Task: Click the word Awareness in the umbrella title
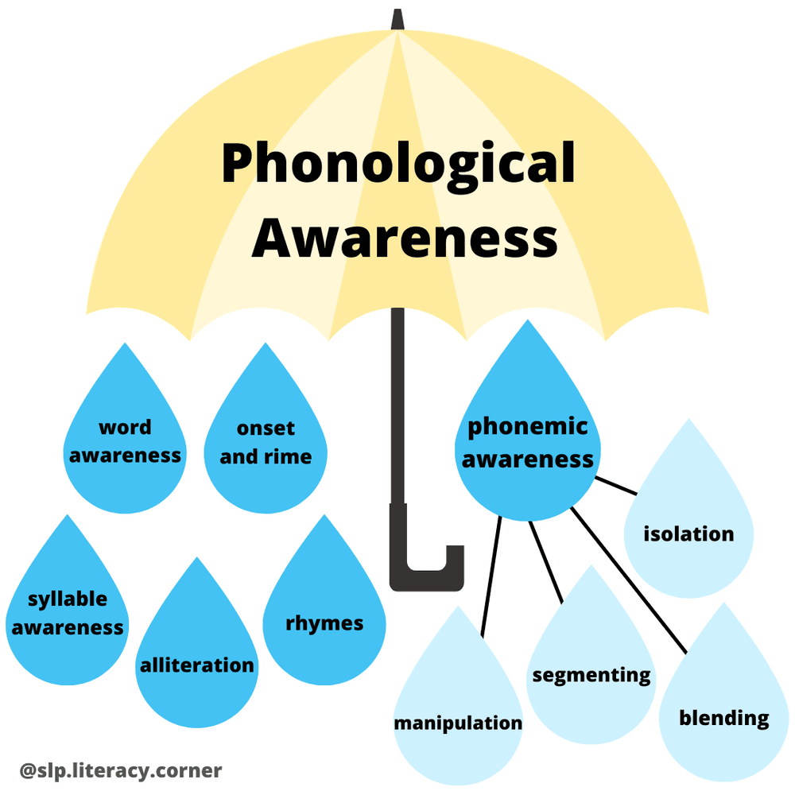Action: [405, 236]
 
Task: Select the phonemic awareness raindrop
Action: [528, 445]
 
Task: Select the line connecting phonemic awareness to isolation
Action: [617, 484]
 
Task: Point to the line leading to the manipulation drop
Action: [491, 576]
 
